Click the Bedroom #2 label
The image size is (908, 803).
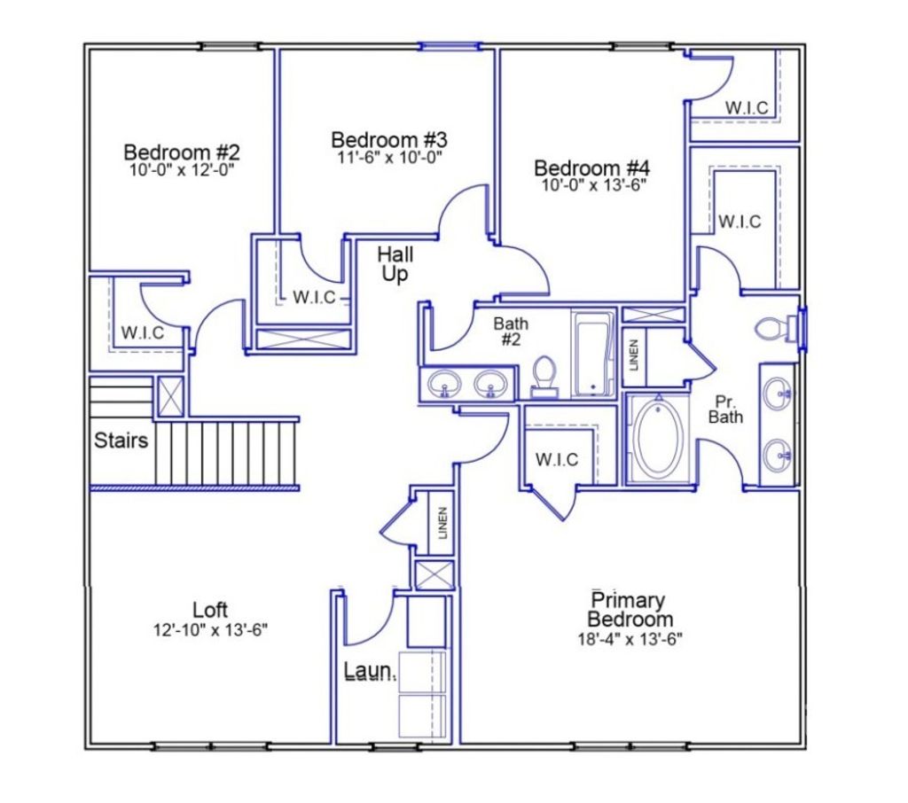point(182,151)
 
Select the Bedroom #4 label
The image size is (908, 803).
point(592,168)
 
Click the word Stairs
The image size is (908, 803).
point(121,440)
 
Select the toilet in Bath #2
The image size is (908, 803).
point(544,375)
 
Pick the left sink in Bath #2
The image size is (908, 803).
point(442,385)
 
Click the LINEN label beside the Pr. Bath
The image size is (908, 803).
point(634,356)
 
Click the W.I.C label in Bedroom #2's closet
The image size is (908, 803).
point(142,333)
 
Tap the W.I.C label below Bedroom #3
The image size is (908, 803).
point(315,298)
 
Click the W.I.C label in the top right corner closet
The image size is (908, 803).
point(747,107)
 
